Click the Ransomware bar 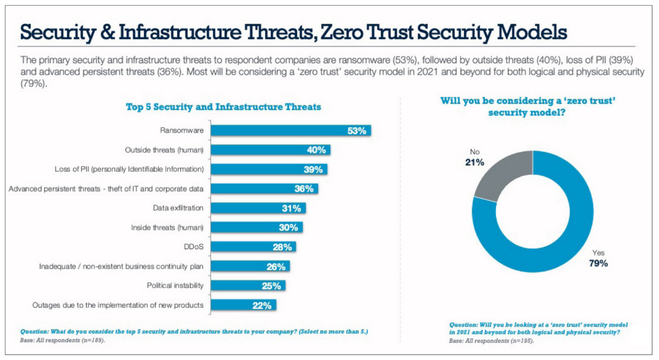pos(289,130)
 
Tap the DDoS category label pos(193,247)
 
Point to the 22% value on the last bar pos(262,305)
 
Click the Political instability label pos(175,285)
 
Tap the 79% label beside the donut pos(598,263)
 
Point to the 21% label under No pos(474,162)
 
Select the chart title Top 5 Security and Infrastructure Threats pos(223,107)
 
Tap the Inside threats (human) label pos(167,228)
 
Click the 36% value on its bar pos(304,189)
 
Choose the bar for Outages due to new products pos(242,305)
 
